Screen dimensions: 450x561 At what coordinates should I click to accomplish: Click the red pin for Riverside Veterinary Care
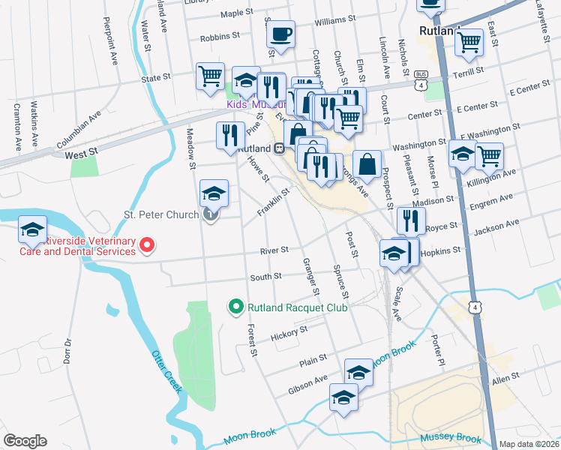148,244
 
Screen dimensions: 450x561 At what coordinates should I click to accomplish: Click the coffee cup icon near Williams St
280,34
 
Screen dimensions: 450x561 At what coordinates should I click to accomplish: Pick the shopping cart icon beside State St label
211,76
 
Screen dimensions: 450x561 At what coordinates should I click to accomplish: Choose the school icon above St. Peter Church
214,193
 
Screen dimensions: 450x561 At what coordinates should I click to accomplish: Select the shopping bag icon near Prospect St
367,163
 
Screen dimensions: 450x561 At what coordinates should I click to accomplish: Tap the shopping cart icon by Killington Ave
489,156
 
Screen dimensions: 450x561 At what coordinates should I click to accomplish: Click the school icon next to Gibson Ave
358,372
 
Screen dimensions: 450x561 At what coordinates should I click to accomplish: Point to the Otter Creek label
166,371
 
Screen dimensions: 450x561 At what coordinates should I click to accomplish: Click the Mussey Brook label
450,437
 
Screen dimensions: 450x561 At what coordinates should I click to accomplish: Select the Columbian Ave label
79,130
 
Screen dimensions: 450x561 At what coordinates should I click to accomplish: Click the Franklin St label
274,203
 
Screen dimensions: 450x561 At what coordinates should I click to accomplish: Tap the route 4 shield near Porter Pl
473,307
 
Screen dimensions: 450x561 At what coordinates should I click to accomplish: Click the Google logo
25,441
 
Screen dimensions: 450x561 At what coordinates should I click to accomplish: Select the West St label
82,153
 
